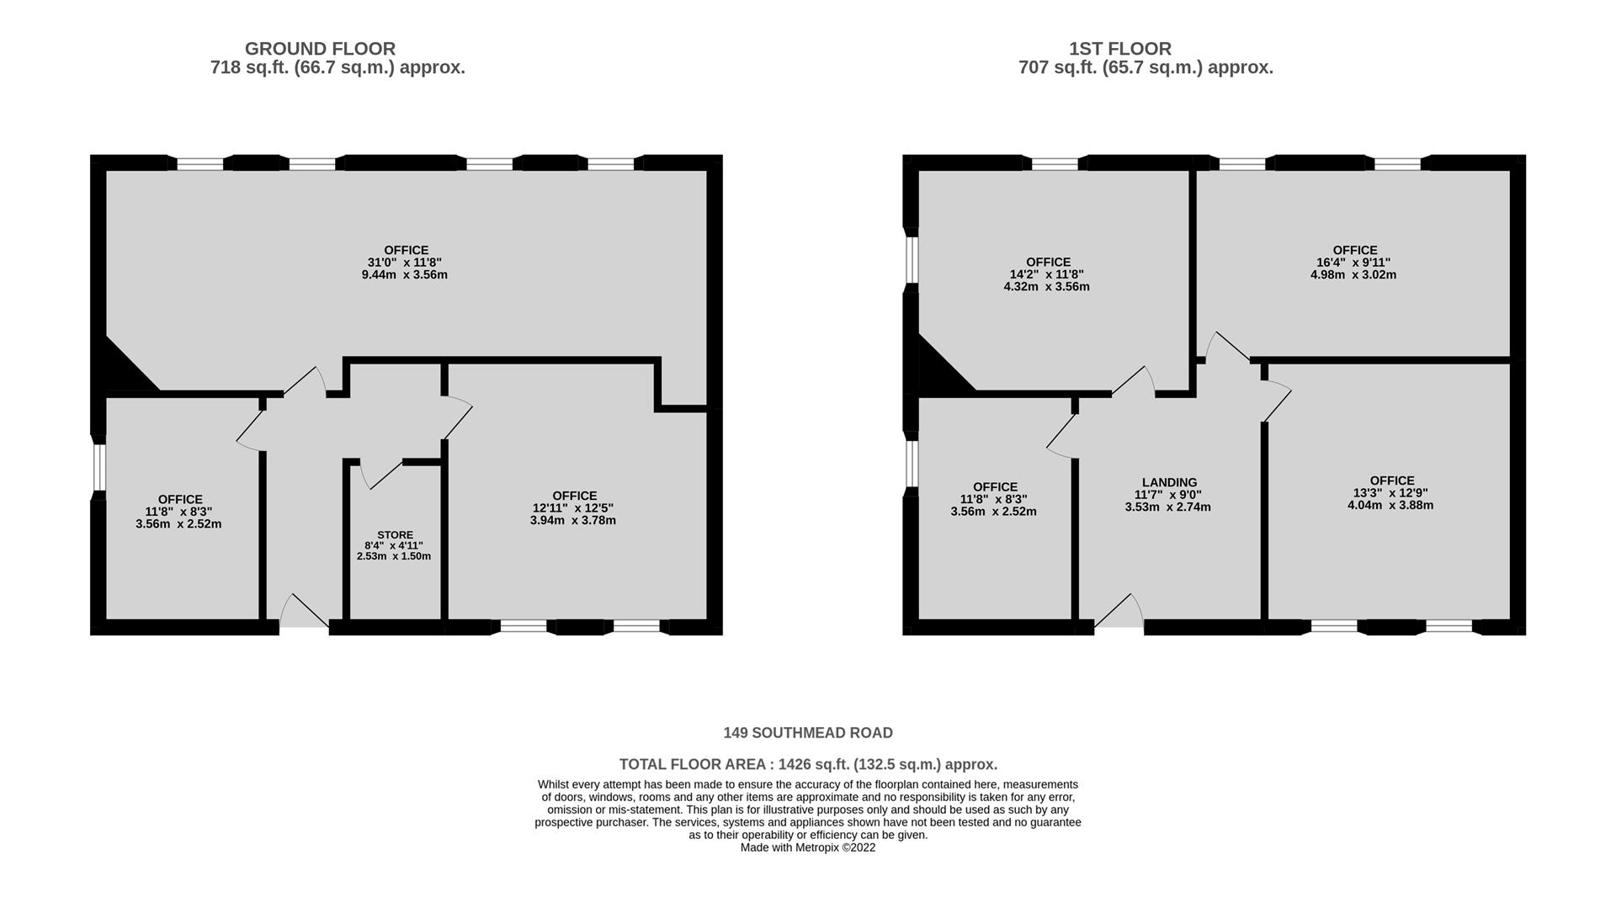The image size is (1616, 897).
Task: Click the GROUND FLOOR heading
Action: (x=320, y=49)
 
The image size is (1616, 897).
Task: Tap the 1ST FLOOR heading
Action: (x=1120, y=49)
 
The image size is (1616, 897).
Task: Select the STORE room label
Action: (x=395, y=535)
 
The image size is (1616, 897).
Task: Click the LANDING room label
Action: (x=1170, y=483)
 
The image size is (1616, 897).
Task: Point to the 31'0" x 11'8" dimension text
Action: (x=407, y=263)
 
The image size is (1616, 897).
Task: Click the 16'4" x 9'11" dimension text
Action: (x=1355, y=263)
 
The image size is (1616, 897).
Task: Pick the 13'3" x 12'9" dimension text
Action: (x=1392, y=493)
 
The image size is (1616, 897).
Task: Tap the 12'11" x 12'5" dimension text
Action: (x=573, y=508)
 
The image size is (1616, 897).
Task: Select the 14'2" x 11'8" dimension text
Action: (x=1048, y=274)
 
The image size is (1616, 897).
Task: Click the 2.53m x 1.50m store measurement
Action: (x=394, y=556)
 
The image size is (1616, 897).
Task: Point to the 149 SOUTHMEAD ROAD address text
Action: (x=808, y=733)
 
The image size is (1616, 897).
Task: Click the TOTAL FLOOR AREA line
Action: (x=808, y=764)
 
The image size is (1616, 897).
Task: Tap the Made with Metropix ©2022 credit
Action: (x=808, y=847)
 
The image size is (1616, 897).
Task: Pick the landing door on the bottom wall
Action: (x=1119, y=612)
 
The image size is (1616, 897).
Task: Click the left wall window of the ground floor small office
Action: (x=98, y=467)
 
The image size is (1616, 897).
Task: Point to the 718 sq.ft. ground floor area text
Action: (x=338, y=67)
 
